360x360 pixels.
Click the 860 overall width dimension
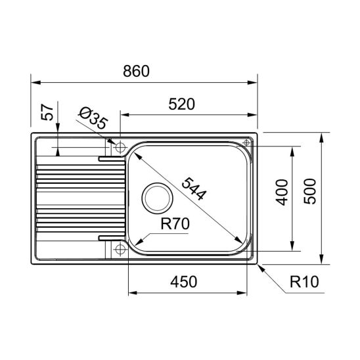136,71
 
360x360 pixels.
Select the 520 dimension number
181,104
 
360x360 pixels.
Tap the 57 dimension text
47,112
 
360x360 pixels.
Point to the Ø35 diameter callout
93,118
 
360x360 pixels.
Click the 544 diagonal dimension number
194,189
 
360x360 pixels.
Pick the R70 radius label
175,224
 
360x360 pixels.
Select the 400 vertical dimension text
282,192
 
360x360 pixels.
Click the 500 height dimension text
309,192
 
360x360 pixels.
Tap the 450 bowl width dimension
184,282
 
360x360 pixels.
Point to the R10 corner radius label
304,282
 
